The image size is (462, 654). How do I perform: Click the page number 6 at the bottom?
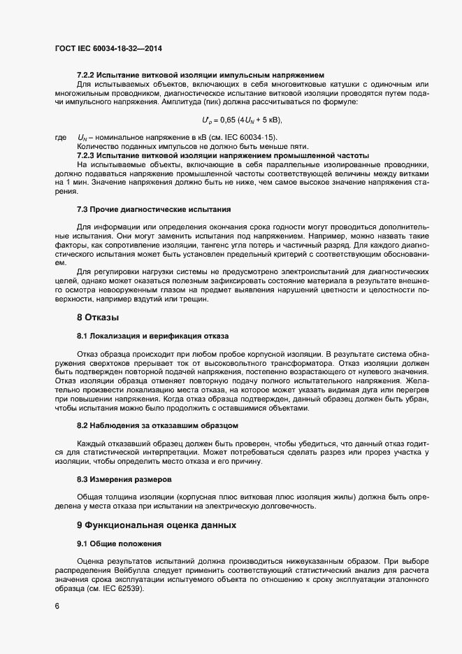57,606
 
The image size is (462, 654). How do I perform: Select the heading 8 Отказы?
97,318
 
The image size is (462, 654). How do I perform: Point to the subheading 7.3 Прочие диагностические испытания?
153,210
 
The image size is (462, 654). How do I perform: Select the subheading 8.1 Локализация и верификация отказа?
152,336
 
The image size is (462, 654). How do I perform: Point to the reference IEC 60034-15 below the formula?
249,138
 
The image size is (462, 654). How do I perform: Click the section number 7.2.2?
86,75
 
